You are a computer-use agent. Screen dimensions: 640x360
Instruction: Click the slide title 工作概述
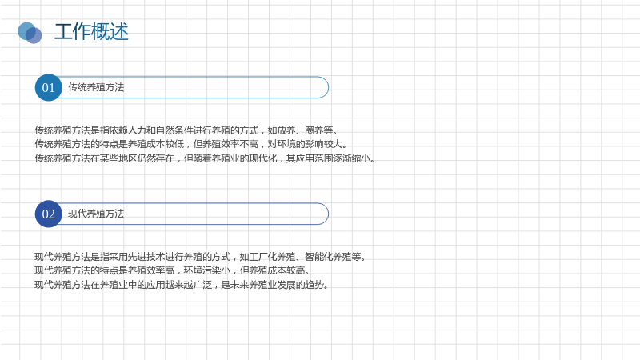pyautogui.click(x=91, y=31)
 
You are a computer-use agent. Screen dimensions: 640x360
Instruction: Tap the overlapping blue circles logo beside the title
pyautogui.click(x=30, y=33)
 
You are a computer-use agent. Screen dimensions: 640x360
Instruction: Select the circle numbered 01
pyautogui.click(x=49, y=87)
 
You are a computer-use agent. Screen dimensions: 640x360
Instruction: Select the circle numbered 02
pyautogui.click(x=49, y=214)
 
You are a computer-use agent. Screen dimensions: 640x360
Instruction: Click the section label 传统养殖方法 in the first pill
pyautogui.click(x=96, y=87)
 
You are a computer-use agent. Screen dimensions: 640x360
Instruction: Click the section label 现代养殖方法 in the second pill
pyautogui.click(x=96, y=214)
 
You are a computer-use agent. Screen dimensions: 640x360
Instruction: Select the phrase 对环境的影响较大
pyautogui.click(x=305, y=144)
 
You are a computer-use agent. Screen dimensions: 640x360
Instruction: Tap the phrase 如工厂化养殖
pyautogui.click(x=267, y=257)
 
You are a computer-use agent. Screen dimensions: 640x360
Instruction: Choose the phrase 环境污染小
pyautogui.click(x=207, y=270)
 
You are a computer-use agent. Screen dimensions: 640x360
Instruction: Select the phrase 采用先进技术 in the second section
pyautogui.click(x=137, y=257)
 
